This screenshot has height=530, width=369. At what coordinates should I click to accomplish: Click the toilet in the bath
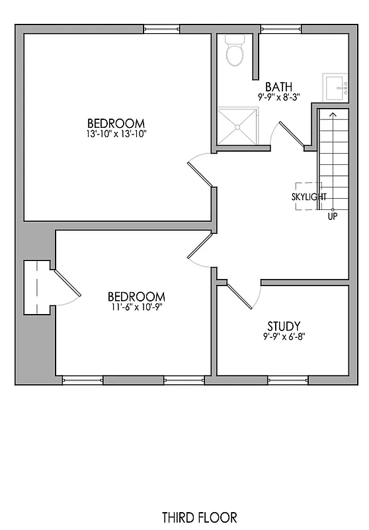(234, 51)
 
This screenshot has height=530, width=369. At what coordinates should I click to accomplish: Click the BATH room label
(278, 87)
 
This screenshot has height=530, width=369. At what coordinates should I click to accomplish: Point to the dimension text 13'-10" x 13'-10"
(116, 134)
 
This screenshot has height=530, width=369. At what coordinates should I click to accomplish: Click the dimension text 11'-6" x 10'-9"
(136, 307)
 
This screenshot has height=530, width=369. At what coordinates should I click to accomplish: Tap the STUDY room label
(284, 326)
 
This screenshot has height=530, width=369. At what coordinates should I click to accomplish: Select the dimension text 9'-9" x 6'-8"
(284, 337)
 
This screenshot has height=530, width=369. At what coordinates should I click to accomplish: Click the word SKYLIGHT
(309, 197)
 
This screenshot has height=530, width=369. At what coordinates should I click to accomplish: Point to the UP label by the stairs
(333, 216)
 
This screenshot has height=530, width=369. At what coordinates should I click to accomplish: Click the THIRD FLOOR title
(199, 517)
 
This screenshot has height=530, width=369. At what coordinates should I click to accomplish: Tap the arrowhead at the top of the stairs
(333, 115)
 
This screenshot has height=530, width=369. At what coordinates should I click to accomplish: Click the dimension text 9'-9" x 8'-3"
(278, 97)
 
